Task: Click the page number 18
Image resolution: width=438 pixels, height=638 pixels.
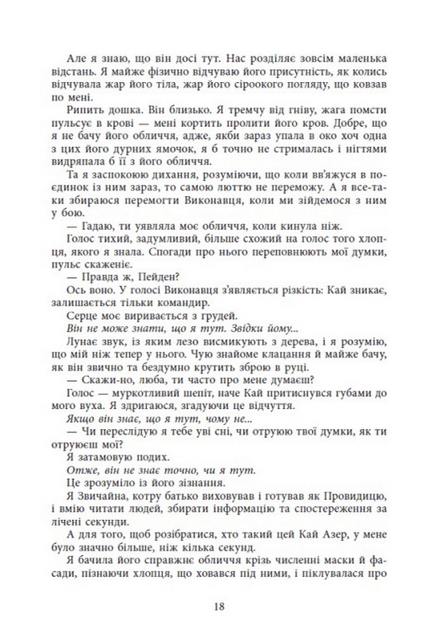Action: tap(219, 605)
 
